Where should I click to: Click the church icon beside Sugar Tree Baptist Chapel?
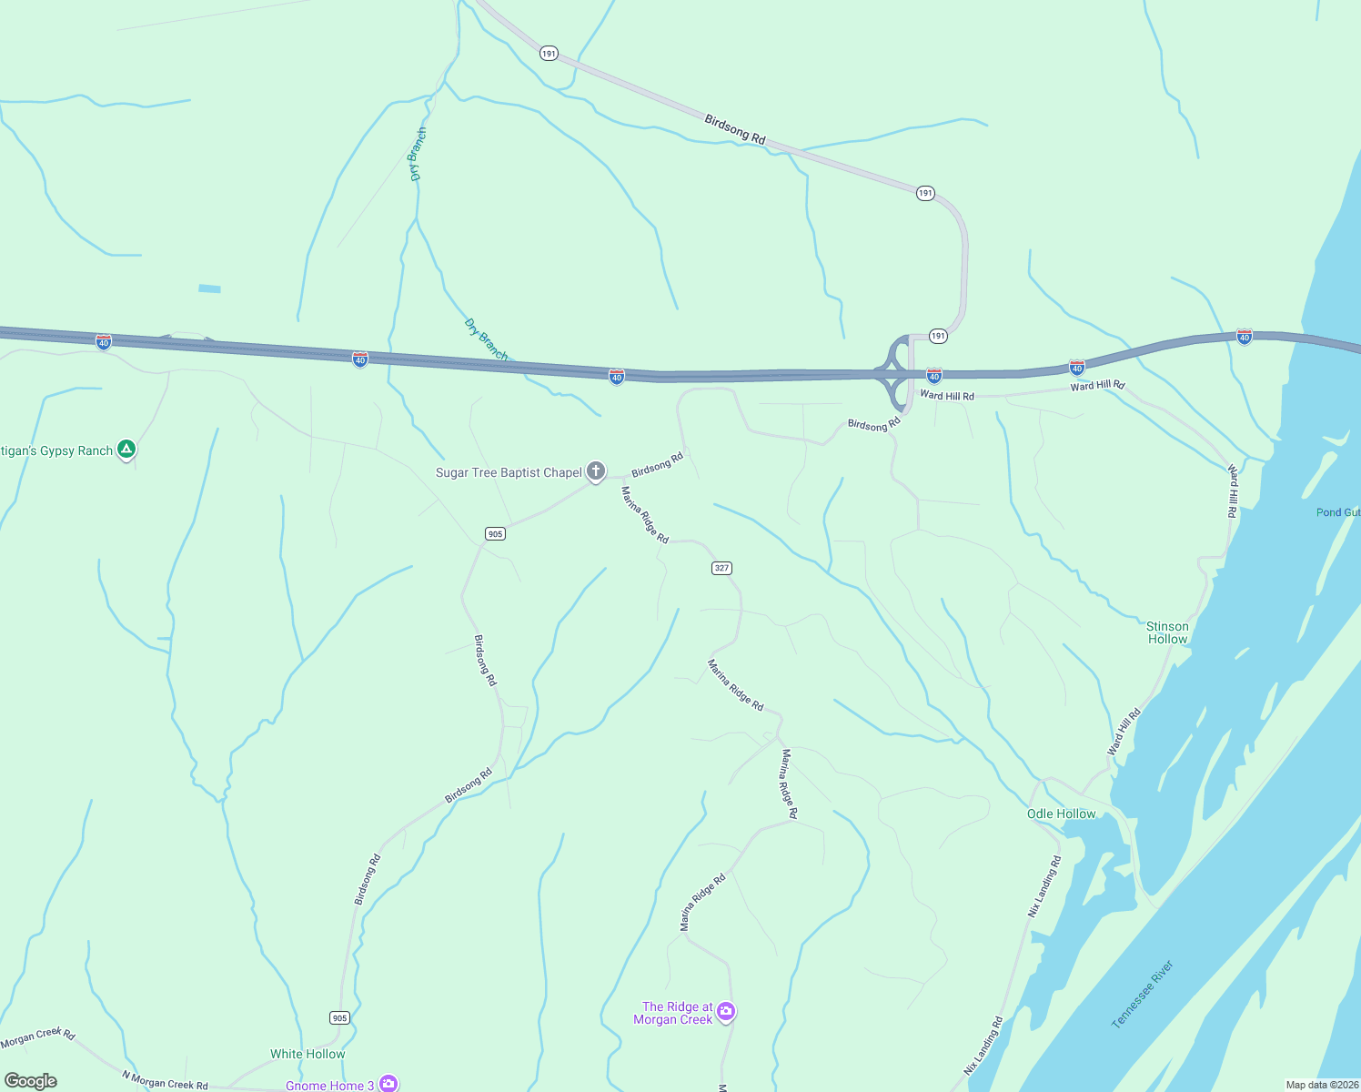click(x=596, y=470)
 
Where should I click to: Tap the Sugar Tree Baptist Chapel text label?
click(x=509, y=472)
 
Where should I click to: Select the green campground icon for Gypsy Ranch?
click(x=127, y=450)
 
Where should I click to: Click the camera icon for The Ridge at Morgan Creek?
click(x=726, y=1011)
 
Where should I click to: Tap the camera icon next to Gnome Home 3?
click(x=388, y=1083)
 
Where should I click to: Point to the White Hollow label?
click(x=307, y=1054)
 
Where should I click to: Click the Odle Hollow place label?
click(x=1061, y=814)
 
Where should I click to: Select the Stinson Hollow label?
click(x=1167, y=632)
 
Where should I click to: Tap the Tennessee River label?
click(x=1143, y=994)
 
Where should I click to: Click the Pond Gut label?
click(x=1337, y=512)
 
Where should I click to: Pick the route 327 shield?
click(x=721, y=568)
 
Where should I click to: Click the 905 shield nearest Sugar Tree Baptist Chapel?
click(x=495, y=533)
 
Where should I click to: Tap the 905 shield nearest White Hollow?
click(x=339, y=1017)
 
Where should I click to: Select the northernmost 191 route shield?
click(x=549, y=54)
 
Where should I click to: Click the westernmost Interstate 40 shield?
click(x=104, y=342)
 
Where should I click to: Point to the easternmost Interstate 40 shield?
click(x=1244, y=337)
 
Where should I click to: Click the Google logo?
click(x=31, y=1081)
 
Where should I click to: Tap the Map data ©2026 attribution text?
click(x=1322, y=1085)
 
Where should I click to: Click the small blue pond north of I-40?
click(x=209, y=288)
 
